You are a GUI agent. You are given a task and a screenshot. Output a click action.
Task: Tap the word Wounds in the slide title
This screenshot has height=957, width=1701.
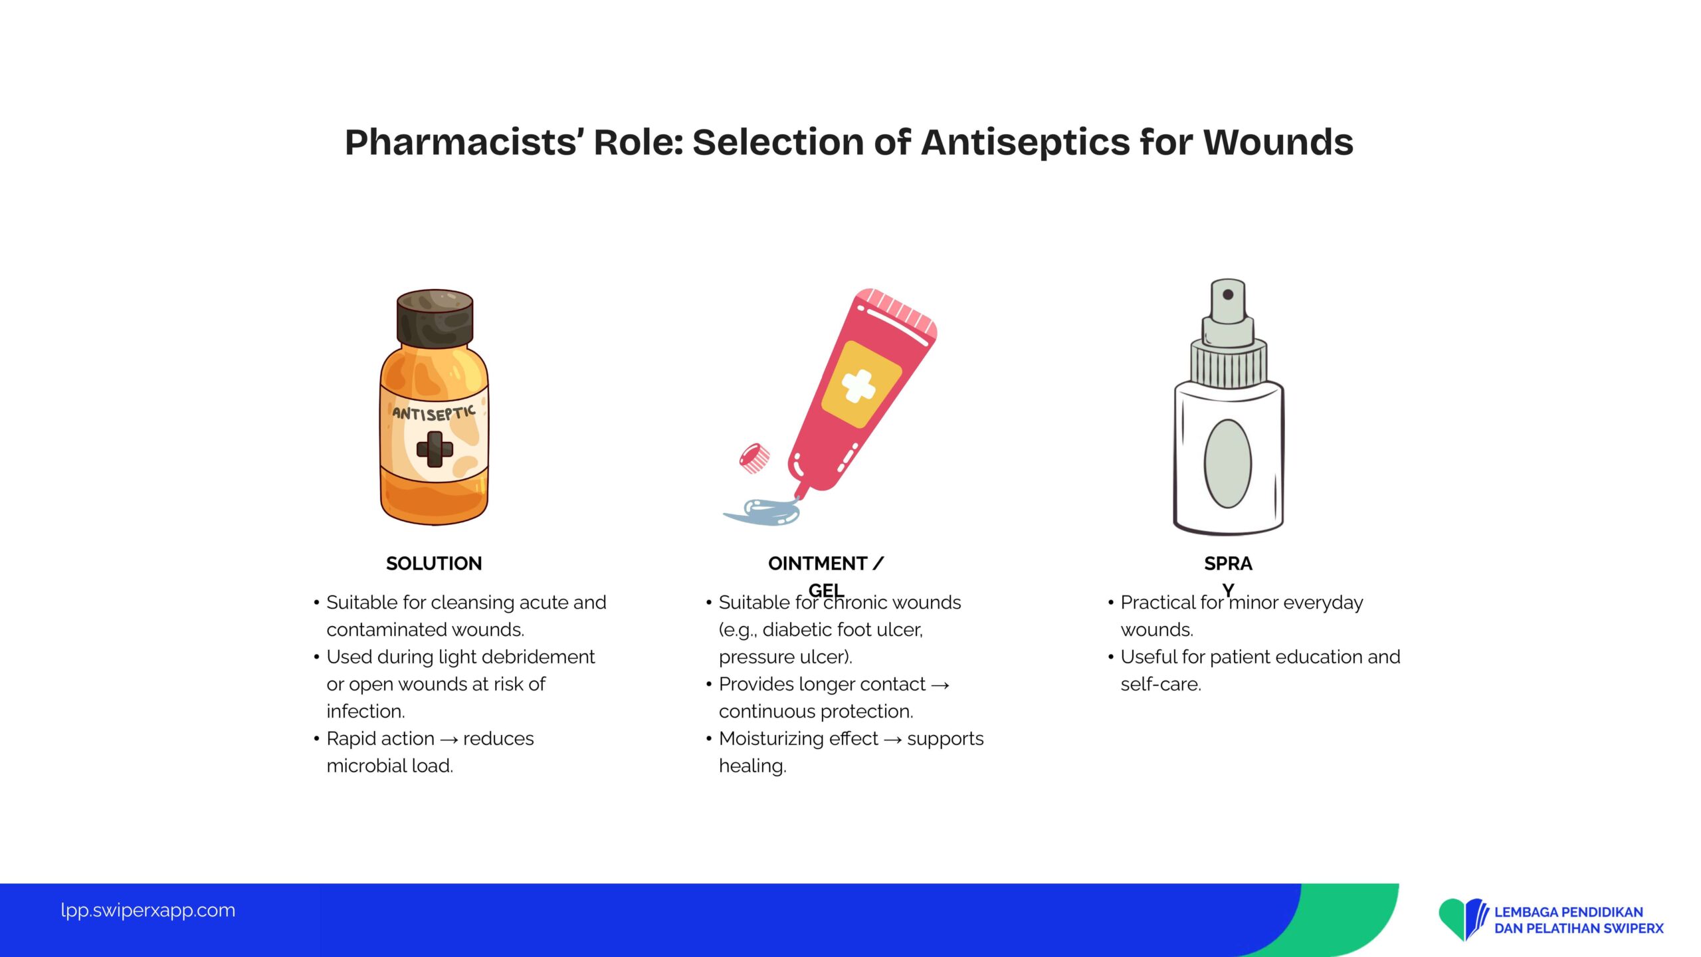(1278, 142)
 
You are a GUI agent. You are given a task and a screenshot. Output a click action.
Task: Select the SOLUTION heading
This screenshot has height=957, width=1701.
(434, 564)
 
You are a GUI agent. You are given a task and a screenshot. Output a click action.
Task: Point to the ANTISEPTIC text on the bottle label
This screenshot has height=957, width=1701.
(434, 413)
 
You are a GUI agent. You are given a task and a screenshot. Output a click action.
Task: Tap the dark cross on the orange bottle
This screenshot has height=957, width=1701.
(435, 449)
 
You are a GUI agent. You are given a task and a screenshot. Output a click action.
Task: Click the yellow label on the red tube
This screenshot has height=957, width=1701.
(861, 384)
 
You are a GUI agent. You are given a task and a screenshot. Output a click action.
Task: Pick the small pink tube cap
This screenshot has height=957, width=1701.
(755, 458)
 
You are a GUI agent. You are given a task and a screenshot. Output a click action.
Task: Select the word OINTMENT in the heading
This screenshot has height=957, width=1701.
(817, 564)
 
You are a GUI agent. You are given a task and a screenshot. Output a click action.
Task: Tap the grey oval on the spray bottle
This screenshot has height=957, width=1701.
(1228, 463)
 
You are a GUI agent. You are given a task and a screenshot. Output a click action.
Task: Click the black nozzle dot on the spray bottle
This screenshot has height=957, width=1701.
(1228, 294)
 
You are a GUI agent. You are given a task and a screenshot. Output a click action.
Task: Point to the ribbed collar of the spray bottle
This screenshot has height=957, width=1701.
(1228, 364)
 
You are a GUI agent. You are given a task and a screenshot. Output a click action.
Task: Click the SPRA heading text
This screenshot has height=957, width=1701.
(1228, 564)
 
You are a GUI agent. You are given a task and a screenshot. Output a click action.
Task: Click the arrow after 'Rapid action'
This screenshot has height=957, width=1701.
(449, 740)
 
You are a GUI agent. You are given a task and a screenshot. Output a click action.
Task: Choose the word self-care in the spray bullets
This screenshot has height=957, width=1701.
(1161, 684)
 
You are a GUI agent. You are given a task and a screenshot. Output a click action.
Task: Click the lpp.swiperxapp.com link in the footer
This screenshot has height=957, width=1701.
(148, 910)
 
